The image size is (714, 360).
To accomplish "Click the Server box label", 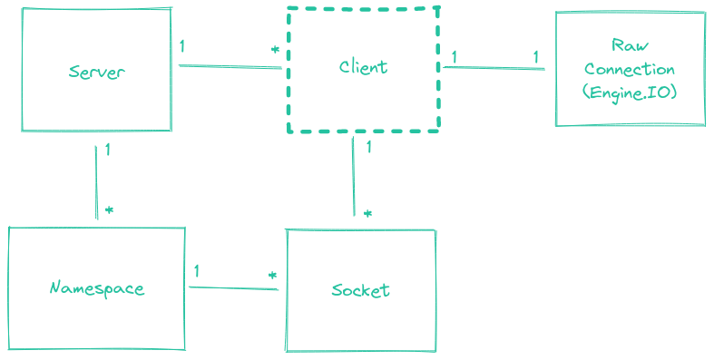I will coord(96,72).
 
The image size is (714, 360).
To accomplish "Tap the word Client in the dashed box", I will coord(363,67).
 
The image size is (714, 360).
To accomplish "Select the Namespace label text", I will coord(96,289).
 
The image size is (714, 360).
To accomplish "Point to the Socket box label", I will coord(360,290).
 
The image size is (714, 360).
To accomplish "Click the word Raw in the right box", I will coord(629,46).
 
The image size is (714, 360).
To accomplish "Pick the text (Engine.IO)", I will coord(630,92).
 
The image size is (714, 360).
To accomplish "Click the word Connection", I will coord(630,70).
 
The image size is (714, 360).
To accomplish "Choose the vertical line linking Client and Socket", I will coord(354,177).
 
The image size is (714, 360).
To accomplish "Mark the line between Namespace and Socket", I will coord(233,288).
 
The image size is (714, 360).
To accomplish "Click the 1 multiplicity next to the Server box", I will coord(182,46).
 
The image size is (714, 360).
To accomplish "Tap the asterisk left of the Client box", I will coord(275,49).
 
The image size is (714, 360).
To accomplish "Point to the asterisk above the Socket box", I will coord(367,214).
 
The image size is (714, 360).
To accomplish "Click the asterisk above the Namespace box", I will coord(109,209).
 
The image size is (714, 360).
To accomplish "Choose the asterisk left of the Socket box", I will coord(271,275).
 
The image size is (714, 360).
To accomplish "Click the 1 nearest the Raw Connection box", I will coord(535,57).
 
